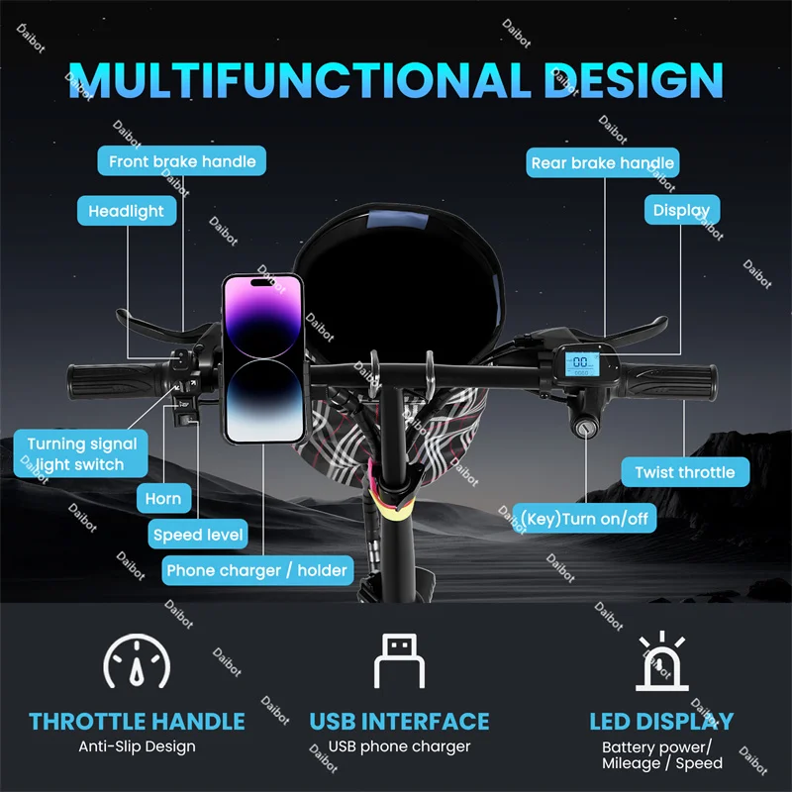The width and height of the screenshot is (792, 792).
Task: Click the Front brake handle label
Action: point(182,161)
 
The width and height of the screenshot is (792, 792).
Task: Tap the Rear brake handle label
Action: point(602,162)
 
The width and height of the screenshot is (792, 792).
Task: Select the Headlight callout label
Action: point(127,211)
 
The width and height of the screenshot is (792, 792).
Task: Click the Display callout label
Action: point(681,210)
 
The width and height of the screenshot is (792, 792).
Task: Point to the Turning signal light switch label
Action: point(81,454)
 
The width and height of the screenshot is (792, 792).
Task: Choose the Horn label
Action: point(163,499)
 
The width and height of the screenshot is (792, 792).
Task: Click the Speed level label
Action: point(198,535)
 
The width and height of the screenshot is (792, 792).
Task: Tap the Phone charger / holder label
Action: point(256,570)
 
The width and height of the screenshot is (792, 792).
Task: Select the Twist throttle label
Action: point(684,472)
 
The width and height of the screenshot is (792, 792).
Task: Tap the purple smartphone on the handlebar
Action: point(262,357)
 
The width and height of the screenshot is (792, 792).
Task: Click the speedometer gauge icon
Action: point(137,660)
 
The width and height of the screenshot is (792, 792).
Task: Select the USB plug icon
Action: point(399,660)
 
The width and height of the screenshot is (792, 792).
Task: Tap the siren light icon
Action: point(661,660)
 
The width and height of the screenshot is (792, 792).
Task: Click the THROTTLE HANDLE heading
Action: point(137,721)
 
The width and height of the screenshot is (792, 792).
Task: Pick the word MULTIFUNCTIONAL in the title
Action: point(297,79)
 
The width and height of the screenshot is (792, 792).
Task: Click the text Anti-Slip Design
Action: point(137,746)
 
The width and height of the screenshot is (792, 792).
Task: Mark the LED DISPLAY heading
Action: point(661,721)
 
